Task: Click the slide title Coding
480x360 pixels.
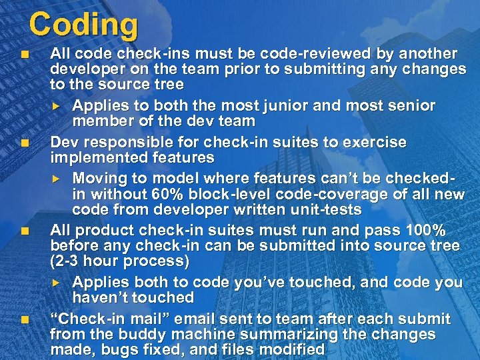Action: tap(83, 25)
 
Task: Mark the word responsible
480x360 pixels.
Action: tap(119, 142)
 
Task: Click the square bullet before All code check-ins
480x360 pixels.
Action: tap(25, 54)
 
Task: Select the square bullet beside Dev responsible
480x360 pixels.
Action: tap(25, 142)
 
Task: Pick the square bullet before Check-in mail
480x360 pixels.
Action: tap(25, 319)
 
